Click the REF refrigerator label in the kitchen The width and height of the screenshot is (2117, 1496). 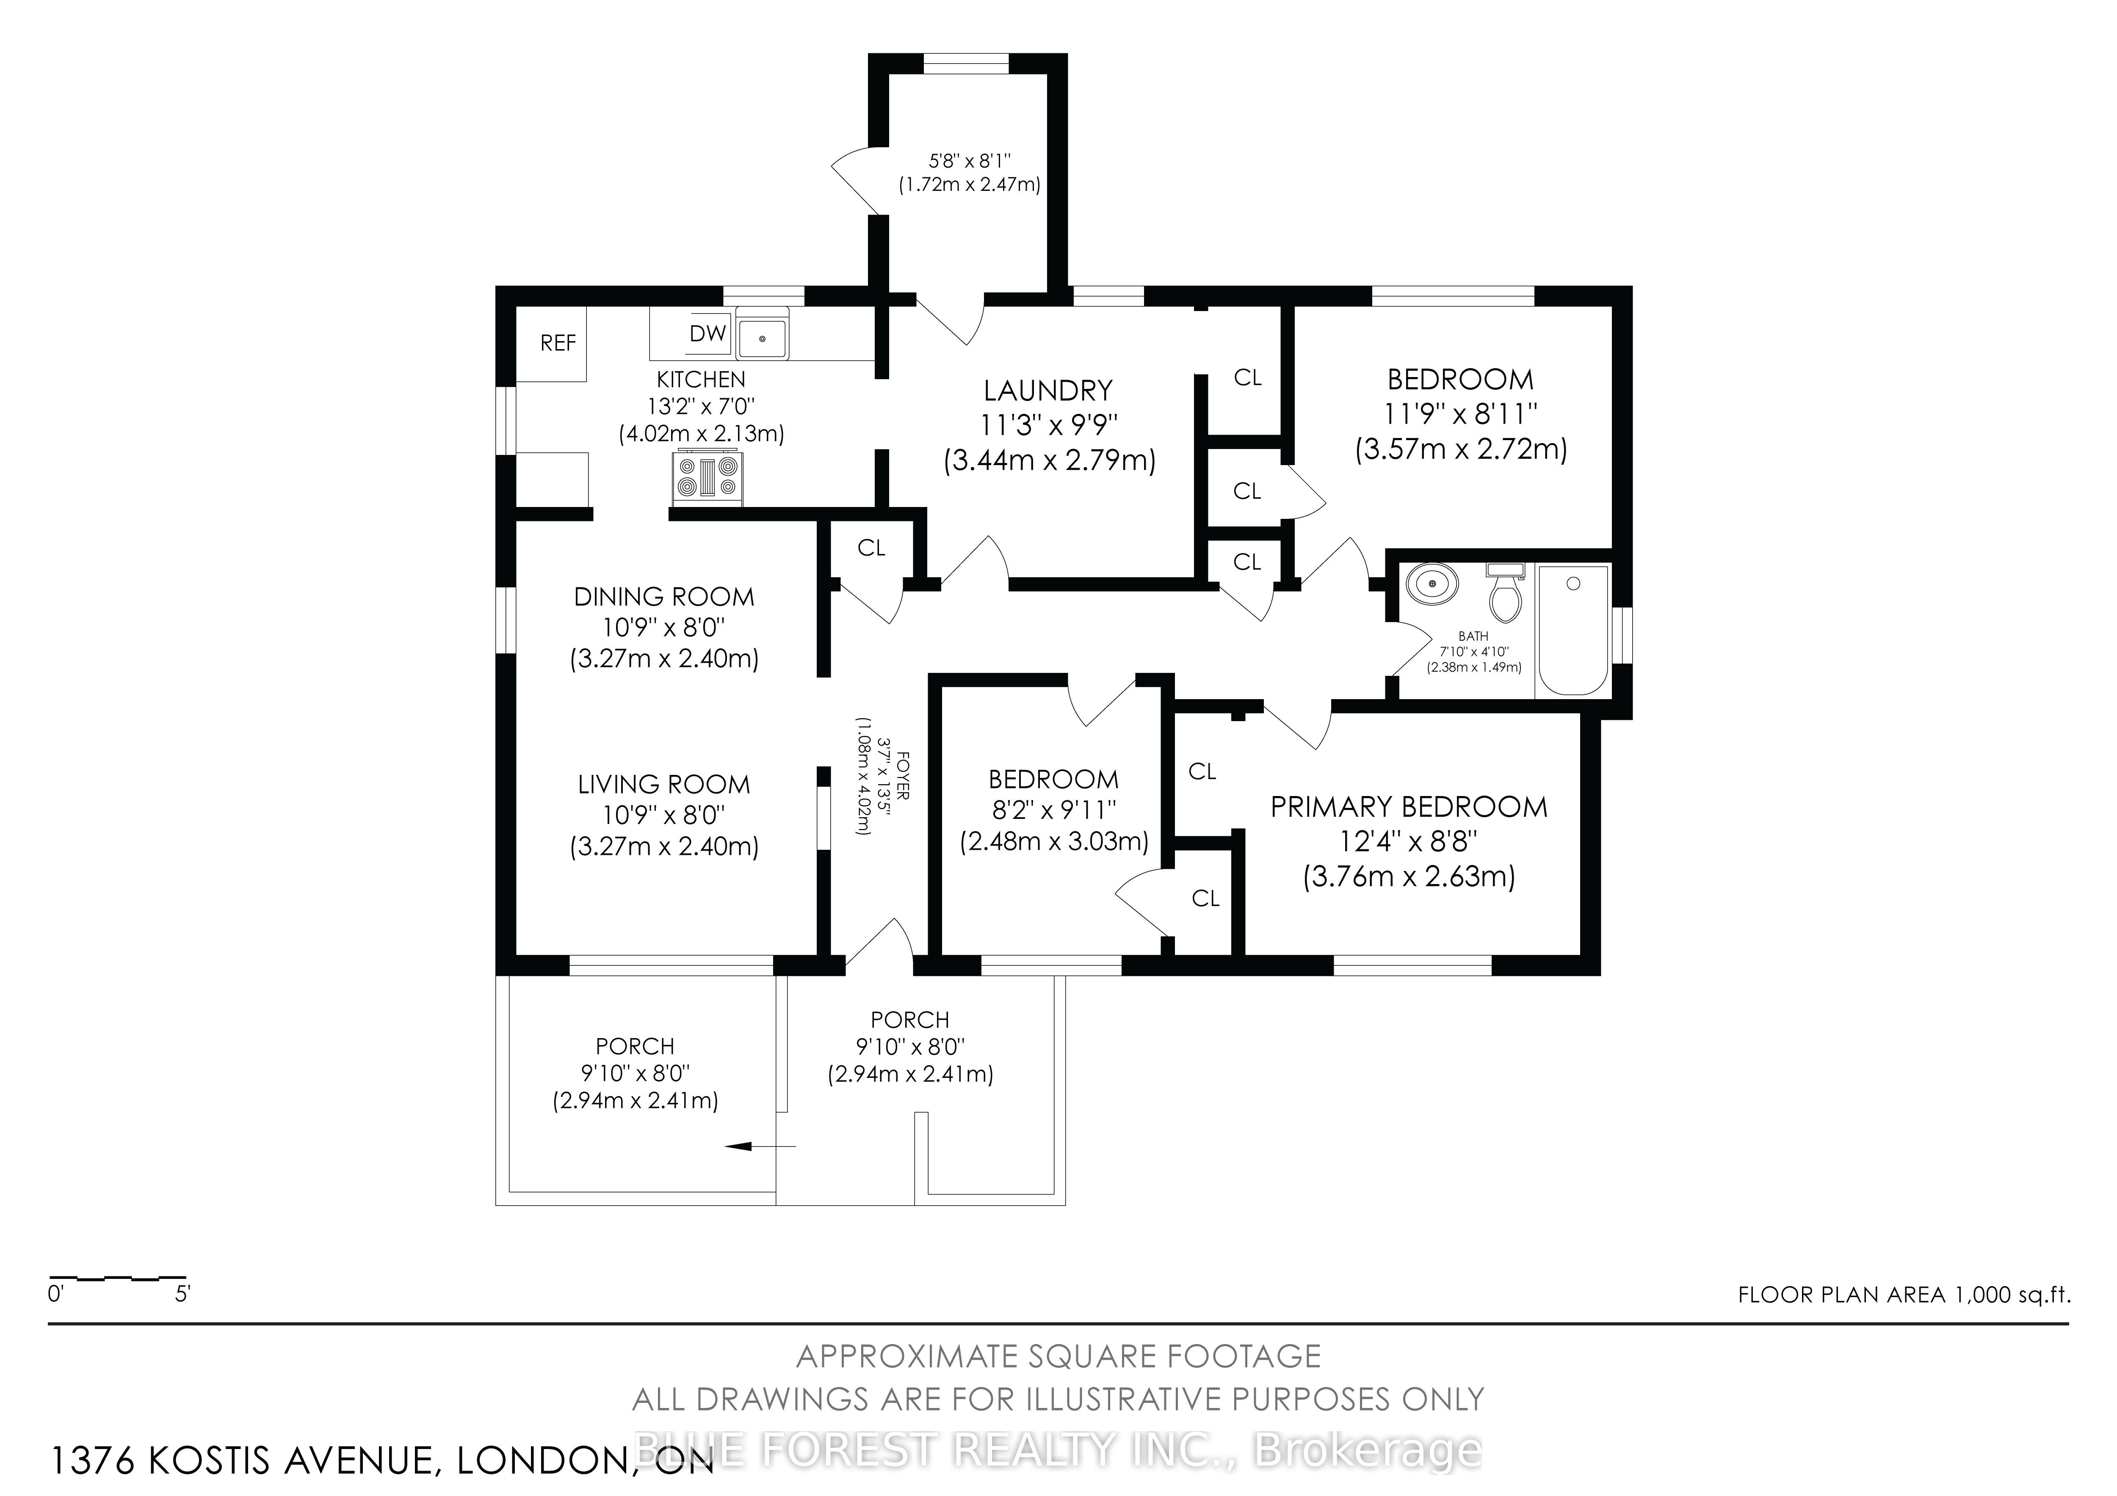558,343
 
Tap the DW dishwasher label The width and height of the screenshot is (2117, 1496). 708,333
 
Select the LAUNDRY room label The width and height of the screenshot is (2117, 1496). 1048,391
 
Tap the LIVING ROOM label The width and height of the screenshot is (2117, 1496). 664,785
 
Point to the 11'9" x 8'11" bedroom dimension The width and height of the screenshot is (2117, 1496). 1460,413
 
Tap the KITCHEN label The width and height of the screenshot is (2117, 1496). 701,379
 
